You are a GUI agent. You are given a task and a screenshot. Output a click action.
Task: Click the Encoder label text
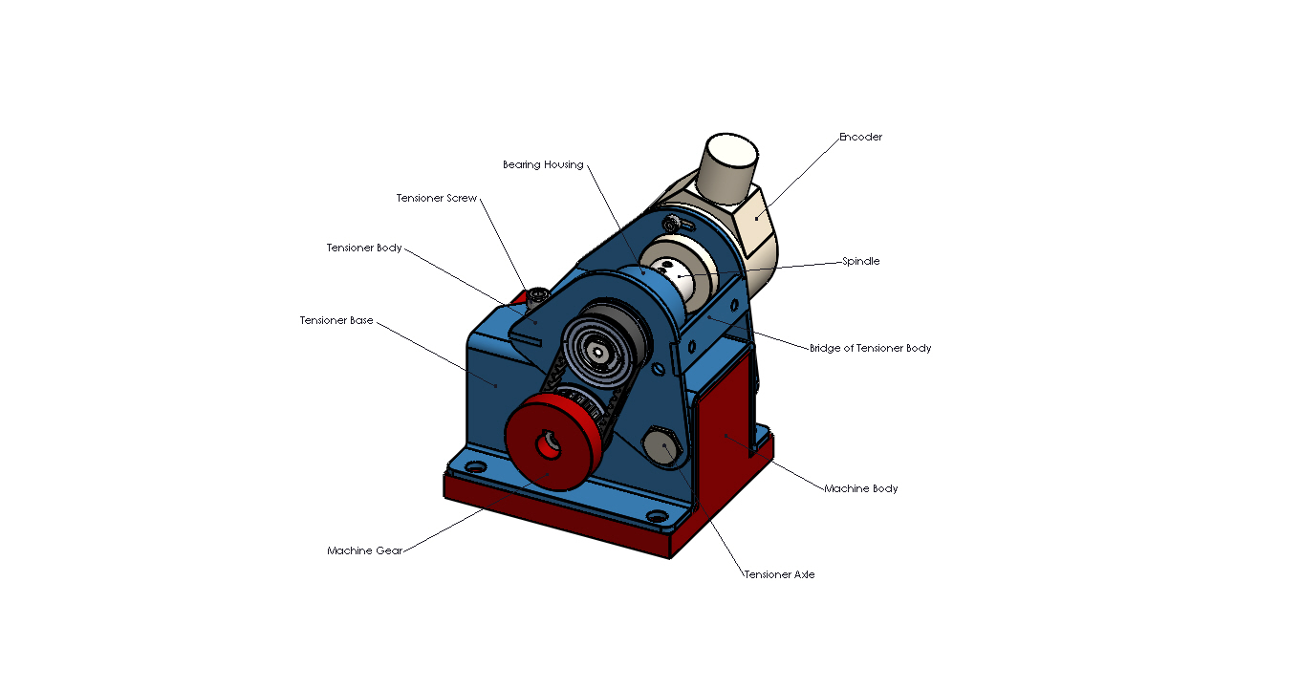coord(860,137)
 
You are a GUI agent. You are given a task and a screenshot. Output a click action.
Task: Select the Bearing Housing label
coord(543,164)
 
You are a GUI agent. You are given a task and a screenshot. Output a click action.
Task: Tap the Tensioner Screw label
coord(436,198)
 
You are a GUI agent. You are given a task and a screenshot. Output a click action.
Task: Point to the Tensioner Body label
coord(364,248)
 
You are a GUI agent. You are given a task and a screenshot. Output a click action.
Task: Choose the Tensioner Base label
coord(336,320)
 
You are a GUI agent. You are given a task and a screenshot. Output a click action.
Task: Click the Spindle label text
coord(860,261)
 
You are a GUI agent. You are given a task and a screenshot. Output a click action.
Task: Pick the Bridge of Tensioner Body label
coord(870,348)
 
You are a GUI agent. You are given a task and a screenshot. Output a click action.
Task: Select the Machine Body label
coord(860,488)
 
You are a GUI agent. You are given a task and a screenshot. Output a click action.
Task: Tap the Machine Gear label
coord(364,550)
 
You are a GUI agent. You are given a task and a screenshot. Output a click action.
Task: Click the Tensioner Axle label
coord(779,574)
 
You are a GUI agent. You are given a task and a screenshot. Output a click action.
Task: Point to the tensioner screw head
coord(536,296)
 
